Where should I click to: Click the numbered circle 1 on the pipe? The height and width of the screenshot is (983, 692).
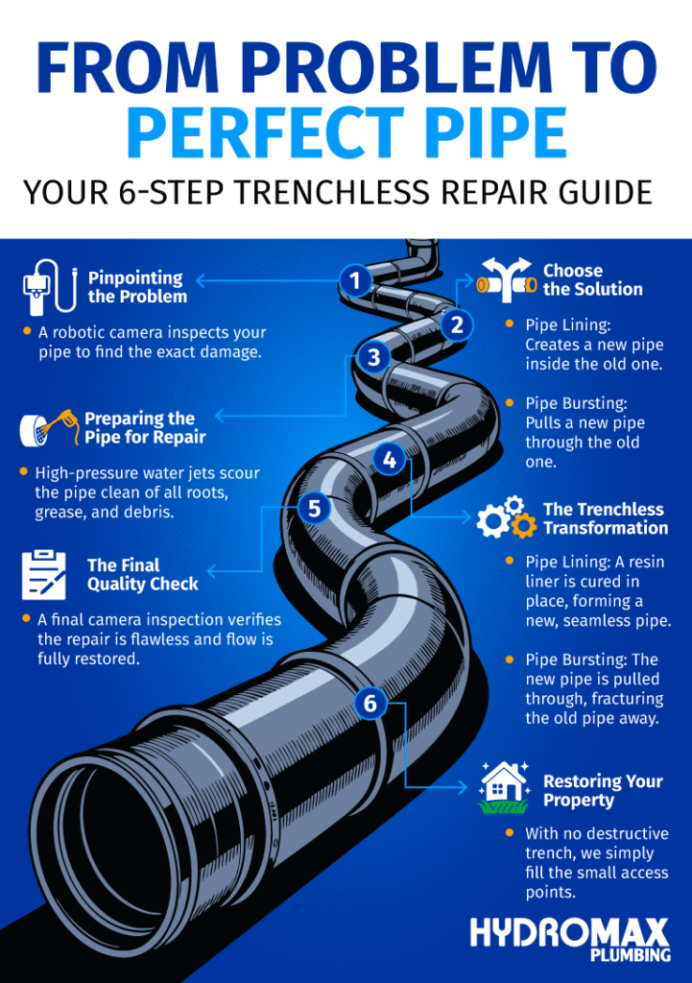point(355,281)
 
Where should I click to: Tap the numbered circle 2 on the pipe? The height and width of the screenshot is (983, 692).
point(457,325)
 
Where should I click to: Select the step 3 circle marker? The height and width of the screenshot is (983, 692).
point(373,358)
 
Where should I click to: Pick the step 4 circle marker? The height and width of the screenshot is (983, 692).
point(389,460)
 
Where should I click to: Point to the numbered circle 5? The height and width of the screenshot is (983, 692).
point(314,507)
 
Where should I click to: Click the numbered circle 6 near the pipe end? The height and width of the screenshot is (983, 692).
point(370,704)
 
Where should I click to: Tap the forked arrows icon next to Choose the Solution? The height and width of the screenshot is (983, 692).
point(505,279)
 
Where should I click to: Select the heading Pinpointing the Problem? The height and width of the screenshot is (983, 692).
point(137,287)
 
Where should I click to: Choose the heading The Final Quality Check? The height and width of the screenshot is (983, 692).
point(142,574)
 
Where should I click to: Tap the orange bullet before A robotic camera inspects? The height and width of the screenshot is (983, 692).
point(27,331)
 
